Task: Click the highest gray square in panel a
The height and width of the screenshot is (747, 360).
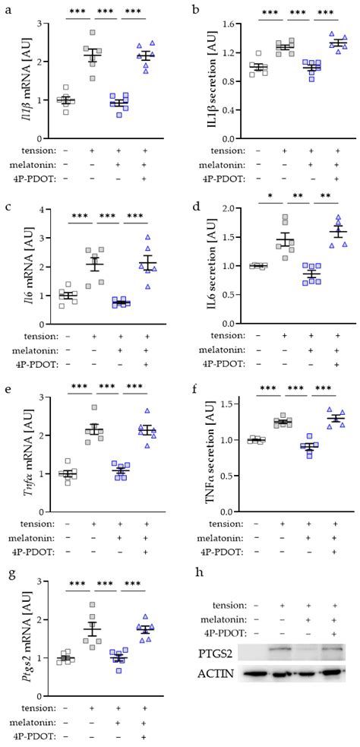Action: [93, 33]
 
